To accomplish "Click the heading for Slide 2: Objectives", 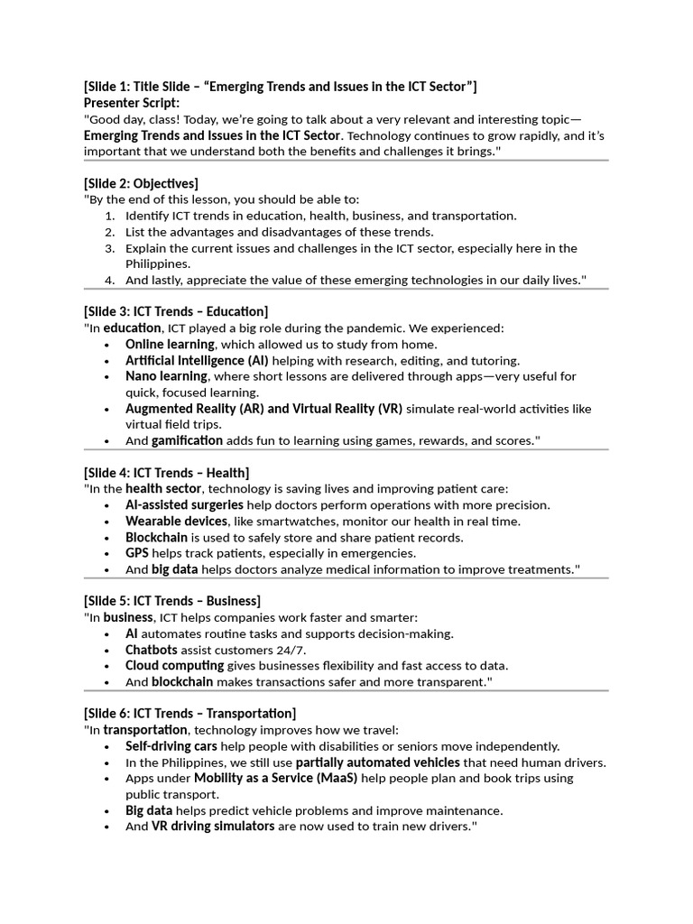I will coord(141,183).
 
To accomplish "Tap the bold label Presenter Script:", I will coord(131,103).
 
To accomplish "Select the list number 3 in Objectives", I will coord(109,248).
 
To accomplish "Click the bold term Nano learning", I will coord(166,376).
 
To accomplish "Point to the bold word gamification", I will coord(187,440).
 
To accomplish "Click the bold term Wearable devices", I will coord(176,521).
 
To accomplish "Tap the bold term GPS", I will coord(136,553).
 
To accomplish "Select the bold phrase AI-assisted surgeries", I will coord(184,504).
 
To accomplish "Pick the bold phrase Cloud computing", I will coord(174,666).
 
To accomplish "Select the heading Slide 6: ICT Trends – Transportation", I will coord(189,713).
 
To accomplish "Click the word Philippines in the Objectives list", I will coord(158,264).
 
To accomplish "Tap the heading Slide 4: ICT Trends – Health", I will coord(166,472).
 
